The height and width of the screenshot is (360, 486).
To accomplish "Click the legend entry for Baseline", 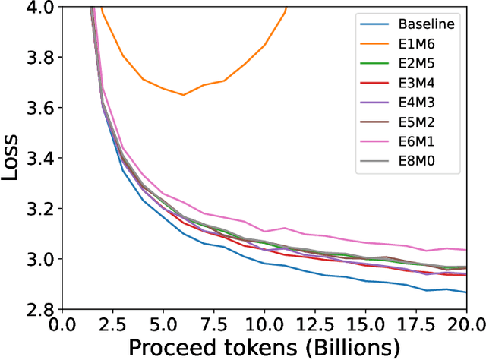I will pyautogui.click(x=428, y=24).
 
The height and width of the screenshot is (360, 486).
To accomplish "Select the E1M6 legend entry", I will pyautogui.click(x=422, y=45).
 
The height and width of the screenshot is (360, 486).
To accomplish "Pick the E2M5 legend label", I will pyautogui.click(x=422, y=65).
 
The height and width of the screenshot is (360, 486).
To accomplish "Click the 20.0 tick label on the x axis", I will pyautogui.click(x=465, y=324).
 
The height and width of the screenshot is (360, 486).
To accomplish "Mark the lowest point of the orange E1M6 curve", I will pyautogui.click(x=183, y=95).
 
